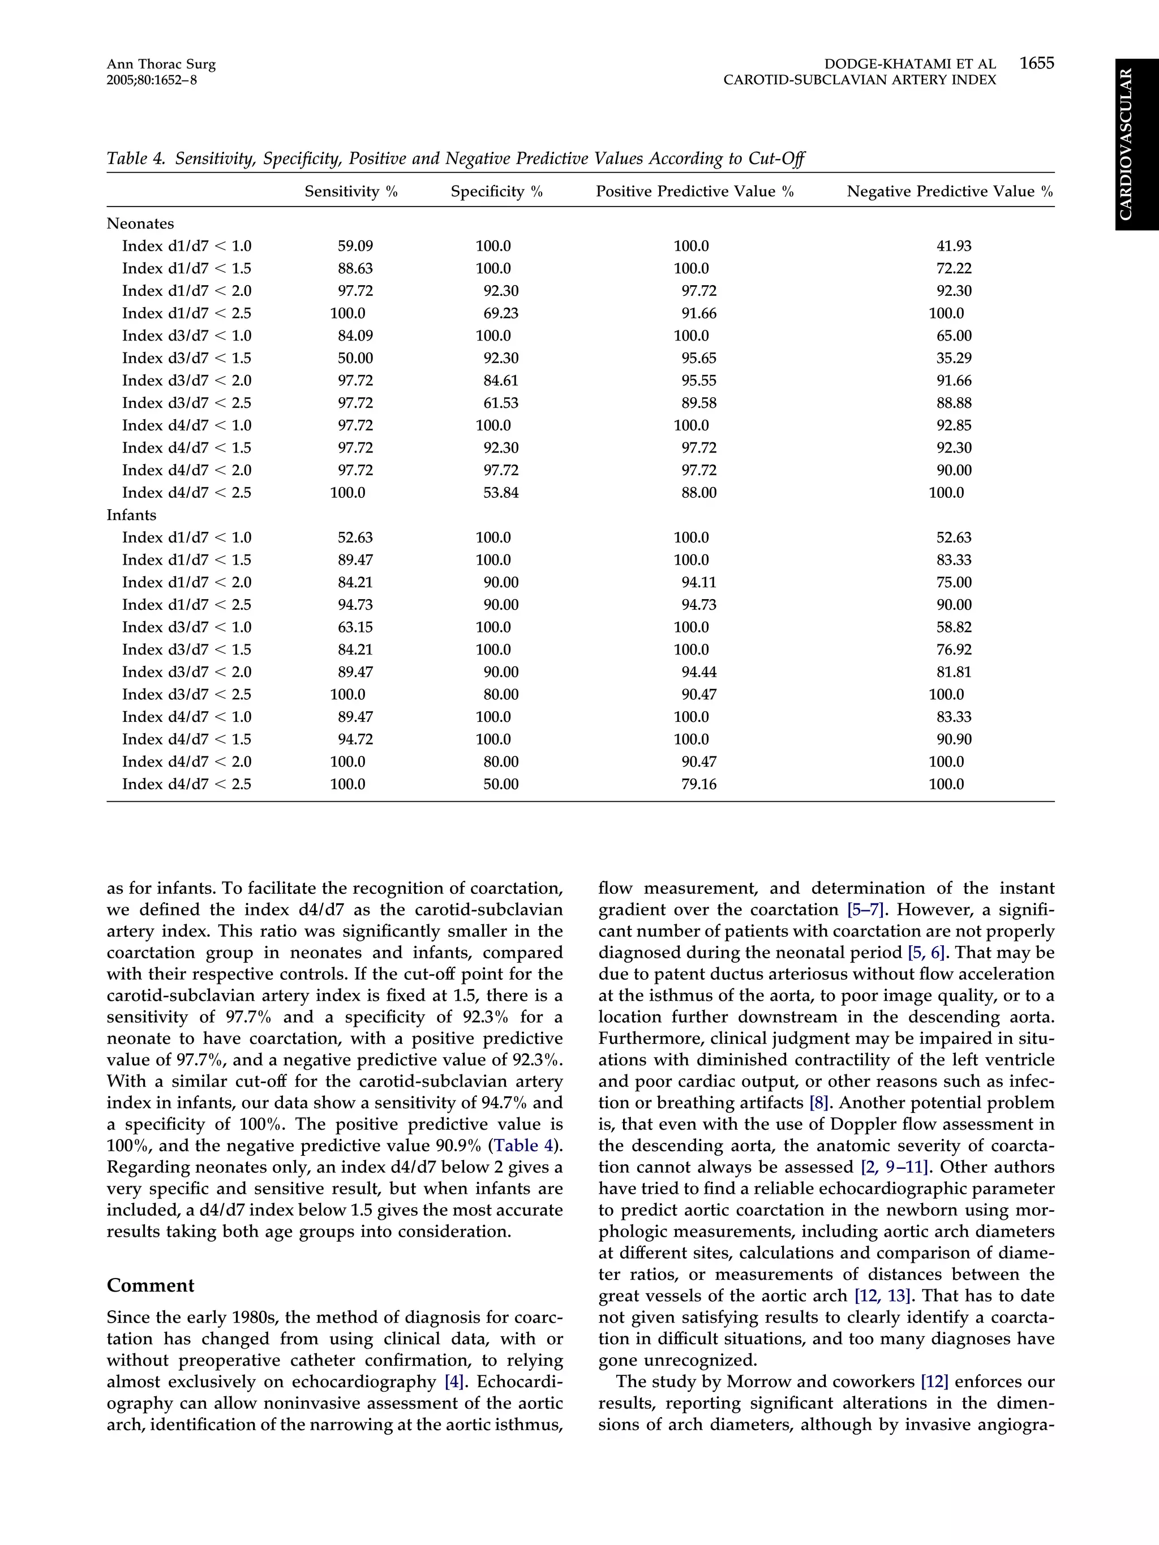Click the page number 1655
click(1036, 63)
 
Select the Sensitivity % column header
click(351, 191)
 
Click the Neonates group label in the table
click(140, 223)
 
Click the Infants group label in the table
click(131, 515)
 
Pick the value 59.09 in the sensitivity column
click(355, 246)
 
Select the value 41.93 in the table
click(954, 246)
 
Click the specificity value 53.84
click(501, 492)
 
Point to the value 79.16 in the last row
click(698, 784)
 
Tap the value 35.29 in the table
click(954, 358)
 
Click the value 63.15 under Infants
click(355, 627)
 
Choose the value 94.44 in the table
click(698, 672)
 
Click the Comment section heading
click(150, 1286)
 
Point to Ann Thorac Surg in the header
click(161, 64)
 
